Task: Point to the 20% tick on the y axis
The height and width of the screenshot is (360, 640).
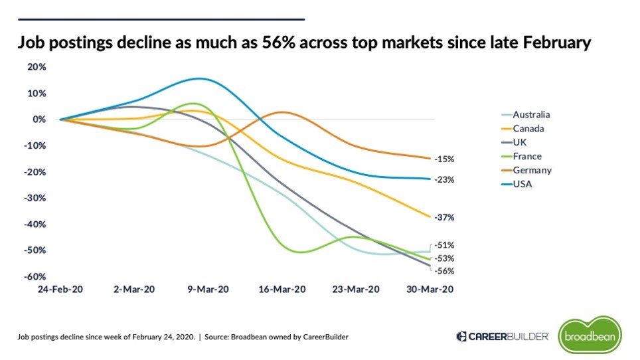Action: [37, 67]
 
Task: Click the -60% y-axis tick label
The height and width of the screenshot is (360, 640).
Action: [35, 276]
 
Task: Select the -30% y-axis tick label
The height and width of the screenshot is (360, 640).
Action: [35, 198]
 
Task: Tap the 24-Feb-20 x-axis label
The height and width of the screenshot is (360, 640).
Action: [60, 290]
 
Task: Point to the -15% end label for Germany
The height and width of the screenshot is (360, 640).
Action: [443, 159]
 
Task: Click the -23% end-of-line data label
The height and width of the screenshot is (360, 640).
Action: [443, 179]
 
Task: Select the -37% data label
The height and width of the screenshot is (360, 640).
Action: [443, 217]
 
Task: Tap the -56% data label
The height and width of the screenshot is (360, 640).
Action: [443, 271]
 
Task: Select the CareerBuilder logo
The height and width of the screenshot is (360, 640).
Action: [503, 337]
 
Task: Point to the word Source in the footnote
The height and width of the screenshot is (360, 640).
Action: [218, 337]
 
